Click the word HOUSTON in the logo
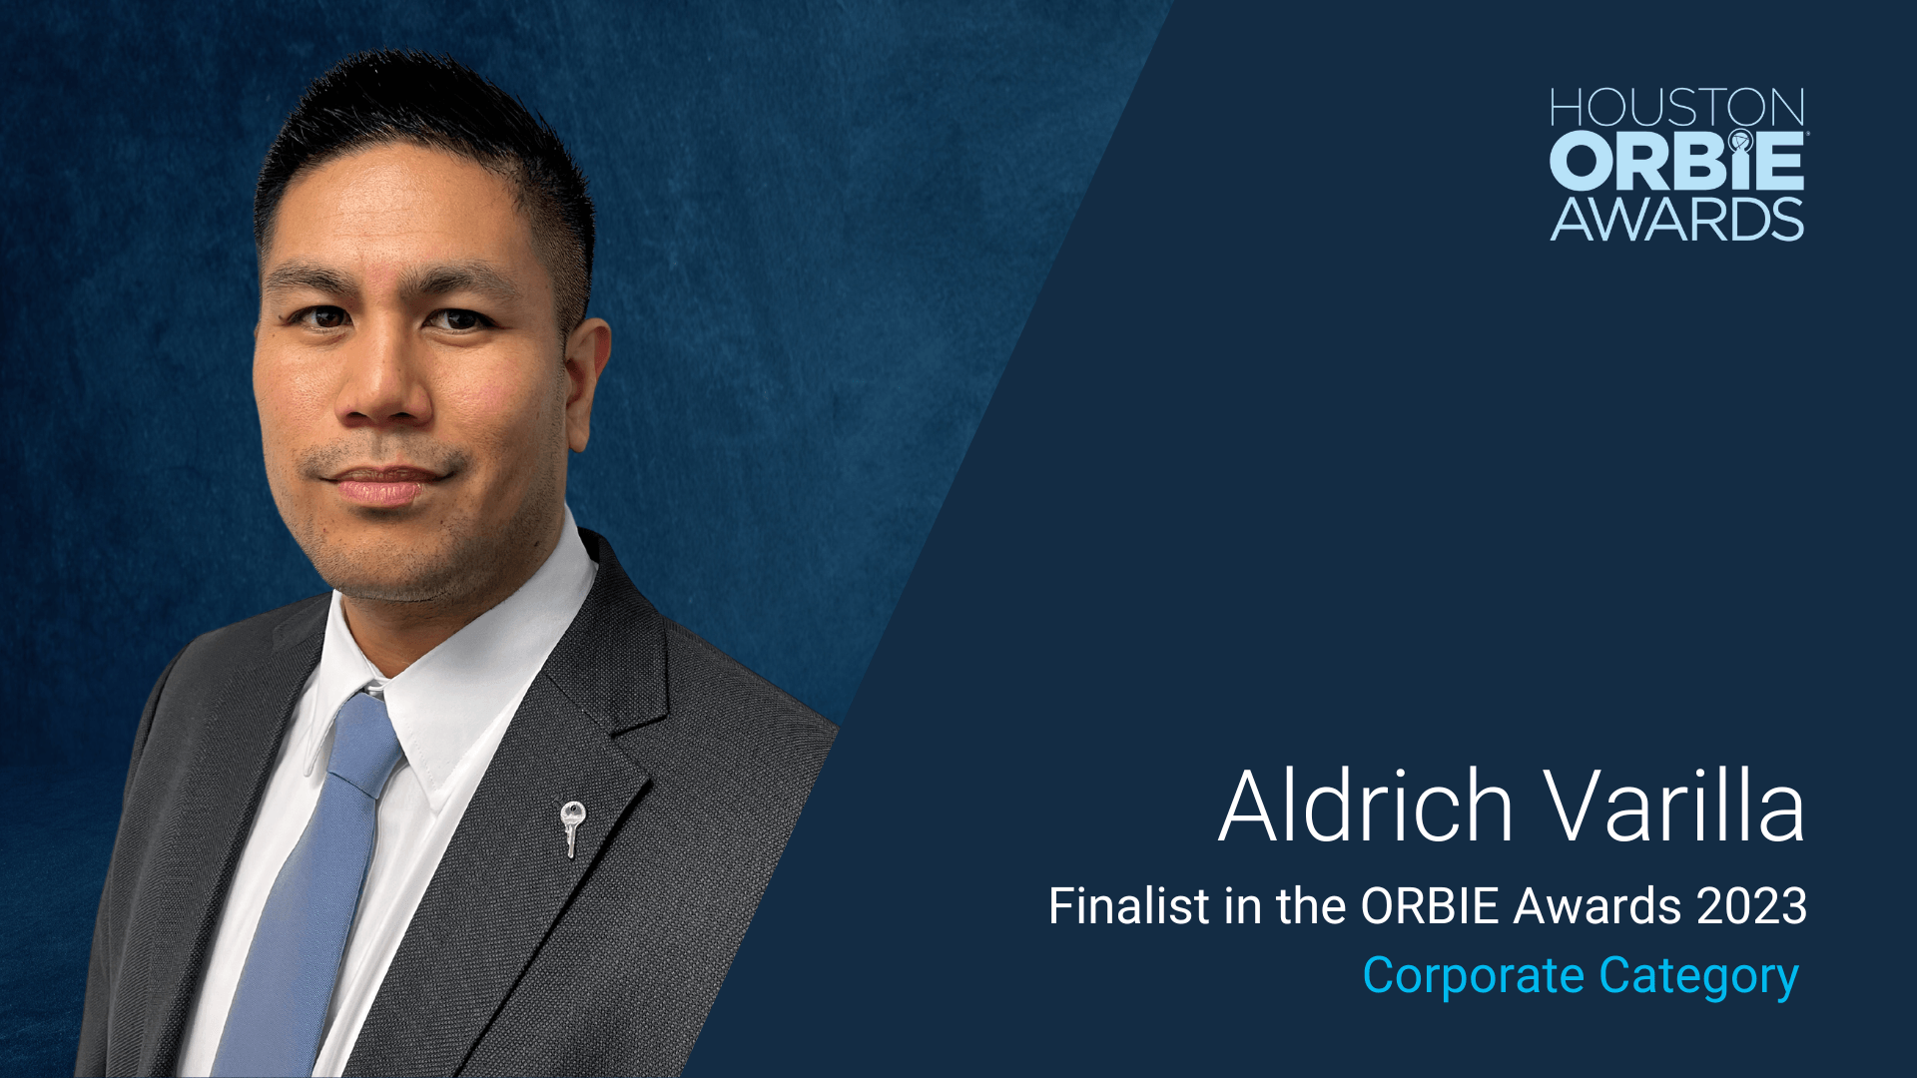[1677, 108]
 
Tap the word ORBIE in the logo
[1677, 161]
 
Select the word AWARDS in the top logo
[1677, 219]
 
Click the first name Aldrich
[1366, 806]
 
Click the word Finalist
[1129, 906]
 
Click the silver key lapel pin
[572, 827]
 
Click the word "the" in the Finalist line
[1311, 906]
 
